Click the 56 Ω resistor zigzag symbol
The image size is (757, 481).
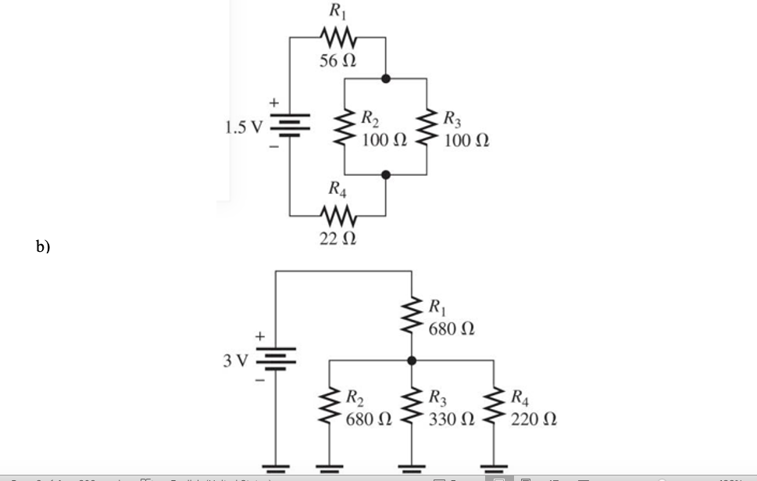pos(337,37)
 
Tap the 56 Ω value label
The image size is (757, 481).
pos(337,62)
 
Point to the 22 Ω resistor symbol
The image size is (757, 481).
pos(337,214)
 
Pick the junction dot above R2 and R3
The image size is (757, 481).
pos(385,79)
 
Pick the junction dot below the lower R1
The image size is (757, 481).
pos(412,360)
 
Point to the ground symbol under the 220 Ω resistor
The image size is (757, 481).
pos(494,469)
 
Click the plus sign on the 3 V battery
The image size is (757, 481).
pos(262,336)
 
